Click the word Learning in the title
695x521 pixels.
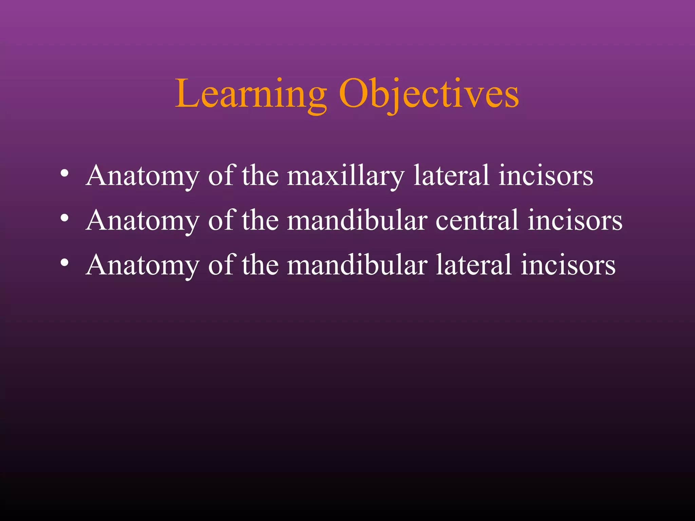click(250, 94)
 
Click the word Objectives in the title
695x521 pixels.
click(429, 94)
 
